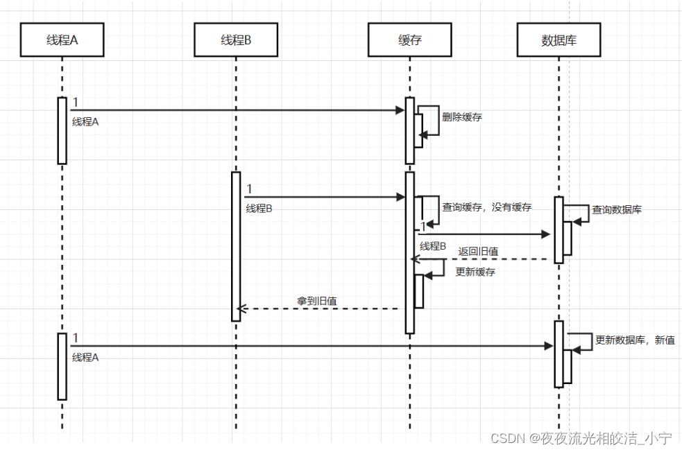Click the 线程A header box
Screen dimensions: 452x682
point(62,40)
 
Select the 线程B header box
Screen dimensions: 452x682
point(235,40)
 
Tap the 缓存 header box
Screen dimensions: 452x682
point(409,40)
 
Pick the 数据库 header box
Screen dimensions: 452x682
point(559,40)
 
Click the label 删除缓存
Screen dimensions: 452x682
point(461,117)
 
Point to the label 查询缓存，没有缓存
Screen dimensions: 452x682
point(486,207)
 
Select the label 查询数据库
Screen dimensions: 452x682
point(616,209)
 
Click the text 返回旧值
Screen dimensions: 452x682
point(478,251)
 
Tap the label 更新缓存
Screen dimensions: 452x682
point(475,272)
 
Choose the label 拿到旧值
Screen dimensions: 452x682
point(317,301)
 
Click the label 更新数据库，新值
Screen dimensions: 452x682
point(634,340)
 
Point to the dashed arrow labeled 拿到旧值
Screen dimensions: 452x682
point(319,308)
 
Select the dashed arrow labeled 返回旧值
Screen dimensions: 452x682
point(486,259)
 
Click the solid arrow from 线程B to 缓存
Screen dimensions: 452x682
point(323,198)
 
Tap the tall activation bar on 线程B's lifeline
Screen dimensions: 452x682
point(236,246)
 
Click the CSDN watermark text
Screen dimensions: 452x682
point(581,438)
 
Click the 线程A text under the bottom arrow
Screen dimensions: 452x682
point(85,357)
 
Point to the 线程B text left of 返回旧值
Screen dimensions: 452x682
point(433,246)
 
